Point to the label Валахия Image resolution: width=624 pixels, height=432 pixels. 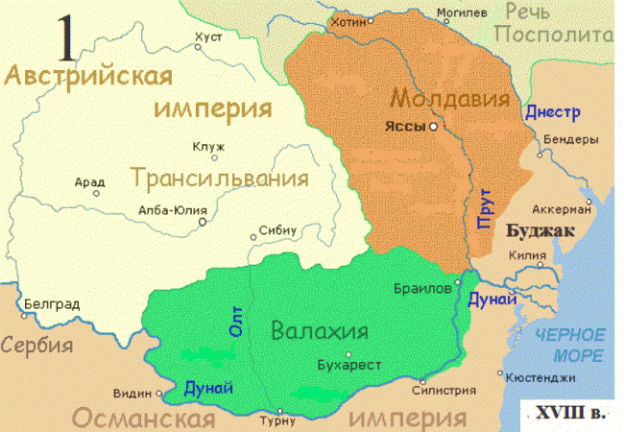click(320, 332)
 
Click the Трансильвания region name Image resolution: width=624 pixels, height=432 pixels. click(220, 179)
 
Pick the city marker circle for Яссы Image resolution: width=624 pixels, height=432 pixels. click(434, 127)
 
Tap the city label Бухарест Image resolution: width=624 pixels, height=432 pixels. click(349, 366)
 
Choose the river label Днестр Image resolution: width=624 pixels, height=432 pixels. click(553, 112)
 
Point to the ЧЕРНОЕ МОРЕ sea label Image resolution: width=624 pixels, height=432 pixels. click(571, 345)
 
